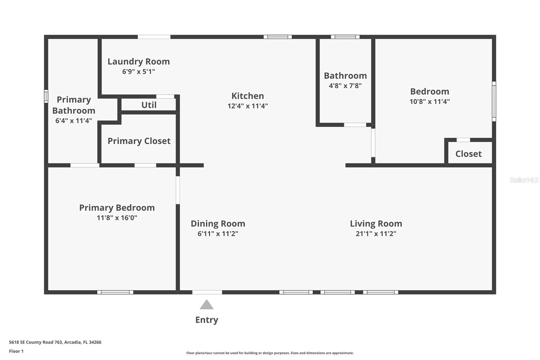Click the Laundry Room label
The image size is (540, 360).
pyautogui.click(x=138, y=61)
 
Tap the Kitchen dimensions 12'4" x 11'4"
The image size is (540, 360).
pyautogui.click(x=247, y=106)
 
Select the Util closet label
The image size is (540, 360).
pyautogui.click(x=149, y=105)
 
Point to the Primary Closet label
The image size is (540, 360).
pyautogui.click(x=139, y=141)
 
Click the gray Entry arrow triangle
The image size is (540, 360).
pyautogui.click(x=207, y=305)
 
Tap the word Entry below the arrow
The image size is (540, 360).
pyautogui.click(x=207, y=320)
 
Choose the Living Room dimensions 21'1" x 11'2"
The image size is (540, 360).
pyautogui.click(x=376, y=234)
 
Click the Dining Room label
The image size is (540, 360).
pyautogui.click(x=218, y=224)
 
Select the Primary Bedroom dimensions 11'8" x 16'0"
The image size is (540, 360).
pyautogui.click(x=117, y=218)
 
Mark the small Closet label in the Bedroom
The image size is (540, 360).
pyautogui.click(x=468, y=154)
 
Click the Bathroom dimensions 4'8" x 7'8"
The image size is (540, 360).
pyautogui.click(x=345, y=86)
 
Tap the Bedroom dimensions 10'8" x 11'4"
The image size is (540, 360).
pyautogui.click(x=429, y=102)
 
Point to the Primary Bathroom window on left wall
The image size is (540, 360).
pyautogui.click(x=46, y=96)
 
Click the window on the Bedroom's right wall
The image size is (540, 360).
pyautogui.click(x=494, y=101)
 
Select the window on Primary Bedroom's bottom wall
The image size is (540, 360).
pyautogui.click(x=115, y=292)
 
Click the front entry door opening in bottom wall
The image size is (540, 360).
pyautogui.click(x=207, y=292)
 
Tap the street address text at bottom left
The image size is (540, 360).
pyautogui.click(x=55, y=342)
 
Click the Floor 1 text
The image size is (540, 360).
pyautogui.click(x=16, y=351)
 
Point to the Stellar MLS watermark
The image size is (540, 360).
pyautogui.click(x=524, y=180)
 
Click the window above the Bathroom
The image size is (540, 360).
pyautogui.click(x=345, y=37)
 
